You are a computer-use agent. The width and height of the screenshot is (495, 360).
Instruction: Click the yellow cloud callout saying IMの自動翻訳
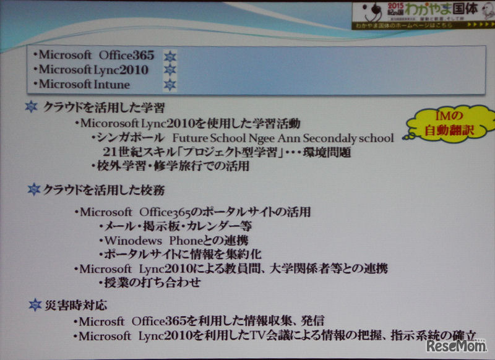tap(454, 124)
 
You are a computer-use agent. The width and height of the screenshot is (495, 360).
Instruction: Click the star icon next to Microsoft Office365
tap(168, 56)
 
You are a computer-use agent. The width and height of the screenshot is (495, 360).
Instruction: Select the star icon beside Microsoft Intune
tap(168, 84)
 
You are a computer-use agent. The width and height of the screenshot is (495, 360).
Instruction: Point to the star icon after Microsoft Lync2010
tap(168, 70)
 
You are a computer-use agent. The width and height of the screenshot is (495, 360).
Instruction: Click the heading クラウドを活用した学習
tap(103, 108)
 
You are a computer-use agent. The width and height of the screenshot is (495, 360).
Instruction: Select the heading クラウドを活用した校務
tap(103, 190)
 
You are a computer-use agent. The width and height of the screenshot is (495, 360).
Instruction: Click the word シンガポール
tap(129, 137)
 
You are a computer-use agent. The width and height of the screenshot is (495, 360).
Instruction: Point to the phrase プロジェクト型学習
tap(212, 152)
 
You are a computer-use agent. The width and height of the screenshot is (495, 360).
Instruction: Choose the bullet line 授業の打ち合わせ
tap(150, 283)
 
